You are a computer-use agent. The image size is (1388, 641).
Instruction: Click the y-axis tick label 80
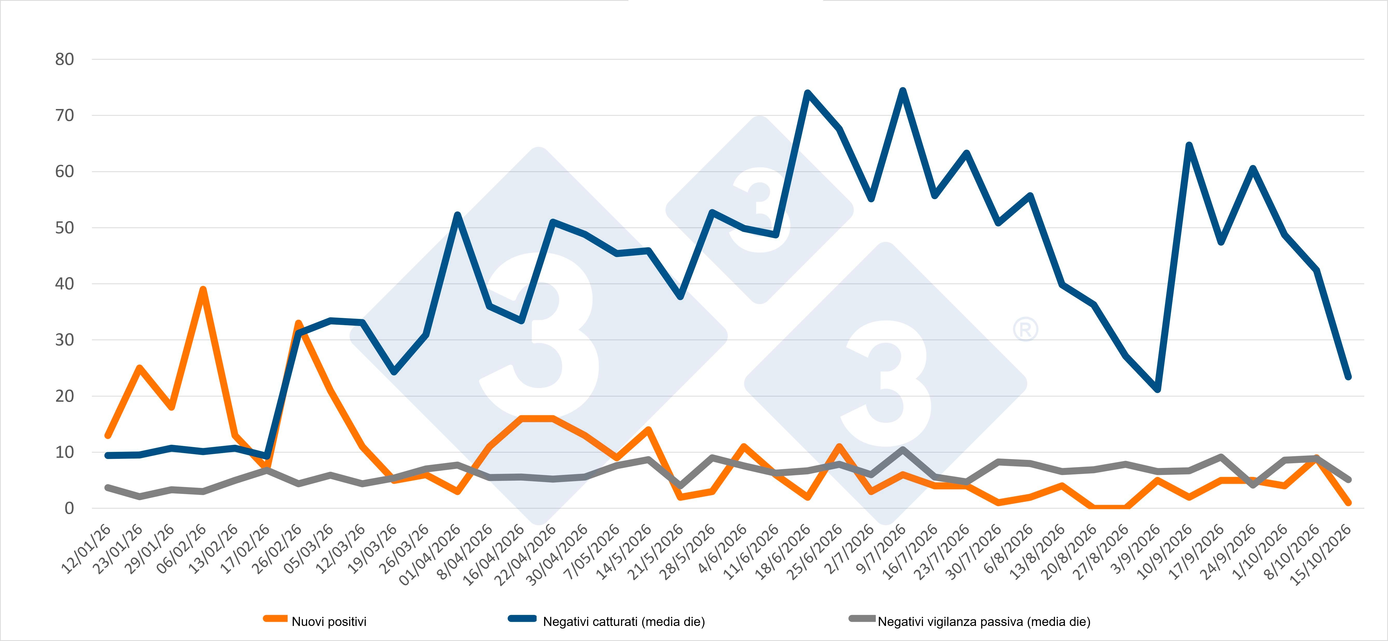(x=64, y=59)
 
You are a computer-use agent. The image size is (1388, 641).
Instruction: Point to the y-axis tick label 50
(x=64, y=228)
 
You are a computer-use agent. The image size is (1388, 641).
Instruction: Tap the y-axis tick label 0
(x=69, y=508)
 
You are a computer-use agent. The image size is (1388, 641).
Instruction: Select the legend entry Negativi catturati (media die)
(x=607, y=621)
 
